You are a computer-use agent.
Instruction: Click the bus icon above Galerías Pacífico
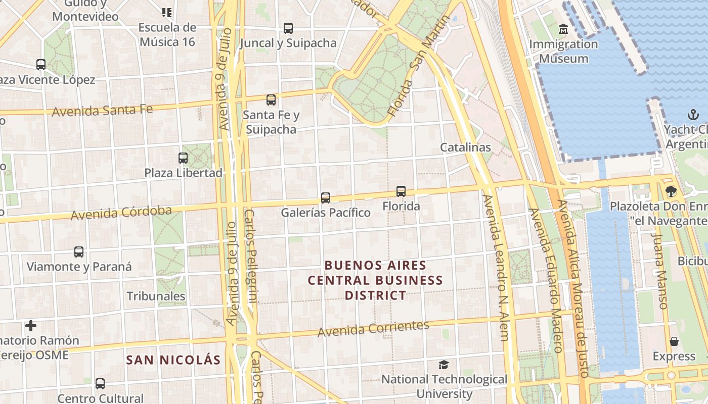coord(326,197)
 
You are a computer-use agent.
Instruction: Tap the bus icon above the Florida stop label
coord(401,191)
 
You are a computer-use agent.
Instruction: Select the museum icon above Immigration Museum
coord(563,29)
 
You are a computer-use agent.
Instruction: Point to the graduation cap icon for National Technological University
coord(444,365)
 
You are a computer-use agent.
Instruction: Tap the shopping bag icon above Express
coord(674,342)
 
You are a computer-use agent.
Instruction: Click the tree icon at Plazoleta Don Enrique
coord(671,191)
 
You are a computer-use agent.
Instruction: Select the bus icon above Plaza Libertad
coord(183,158)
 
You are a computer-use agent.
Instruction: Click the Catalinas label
coord(465,147)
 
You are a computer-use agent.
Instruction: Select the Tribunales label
coord(156,296)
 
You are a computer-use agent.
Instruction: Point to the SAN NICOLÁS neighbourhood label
coord(173,360)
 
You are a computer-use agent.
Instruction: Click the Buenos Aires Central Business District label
coord(375,280)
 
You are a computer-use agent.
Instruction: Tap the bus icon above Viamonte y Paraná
coord(79,252)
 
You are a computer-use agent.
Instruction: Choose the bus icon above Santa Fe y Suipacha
coord(271,100)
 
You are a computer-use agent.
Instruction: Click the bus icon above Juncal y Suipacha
coord(288,28)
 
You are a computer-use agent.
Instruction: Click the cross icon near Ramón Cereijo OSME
coord(31,326)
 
